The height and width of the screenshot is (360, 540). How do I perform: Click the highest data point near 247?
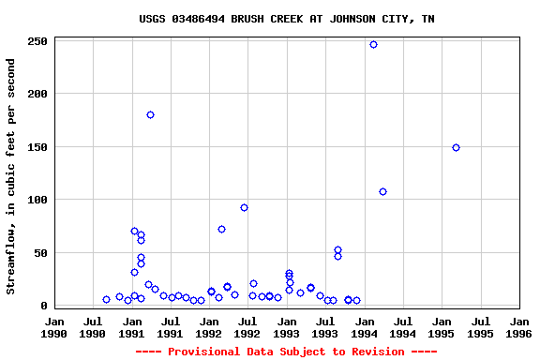[x=373, y=44]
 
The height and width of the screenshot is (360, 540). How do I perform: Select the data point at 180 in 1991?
[x=150, y=114]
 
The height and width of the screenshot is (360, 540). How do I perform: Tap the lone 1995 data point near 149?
[x=456, y=147]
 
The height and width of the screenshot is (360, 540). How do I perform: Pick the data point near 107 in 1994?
[x=382, y=191]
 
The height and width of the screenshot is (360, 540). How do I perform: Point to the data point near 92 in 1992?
[x=244, y=207]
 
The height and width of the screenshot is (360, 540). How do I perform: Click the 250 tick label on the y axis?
[x=37, y=42]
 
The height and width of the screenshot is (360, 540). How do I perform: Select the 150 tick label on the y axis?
[x=37, y=147]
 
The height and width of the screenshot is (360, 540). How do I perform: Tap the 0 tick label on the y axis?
[x=44, y=306]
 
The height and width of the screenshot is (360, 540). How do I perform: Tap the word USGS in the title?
[x=153, y=19]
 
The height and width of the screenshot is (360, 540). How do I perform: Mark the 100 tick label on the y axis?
[x=37, y=200]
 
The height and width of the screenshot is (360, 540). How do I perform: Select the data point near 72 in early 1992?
[x=221, y=229]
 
